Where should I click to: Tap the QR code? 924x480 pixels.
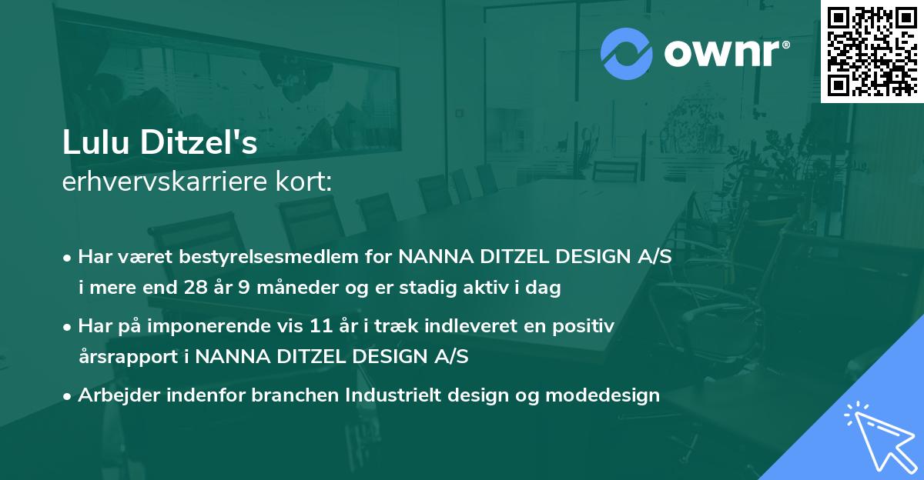872,51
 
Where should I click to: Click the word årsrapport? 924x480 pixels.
117,357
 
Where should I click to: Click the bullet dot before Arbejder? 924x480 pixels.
69,396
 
